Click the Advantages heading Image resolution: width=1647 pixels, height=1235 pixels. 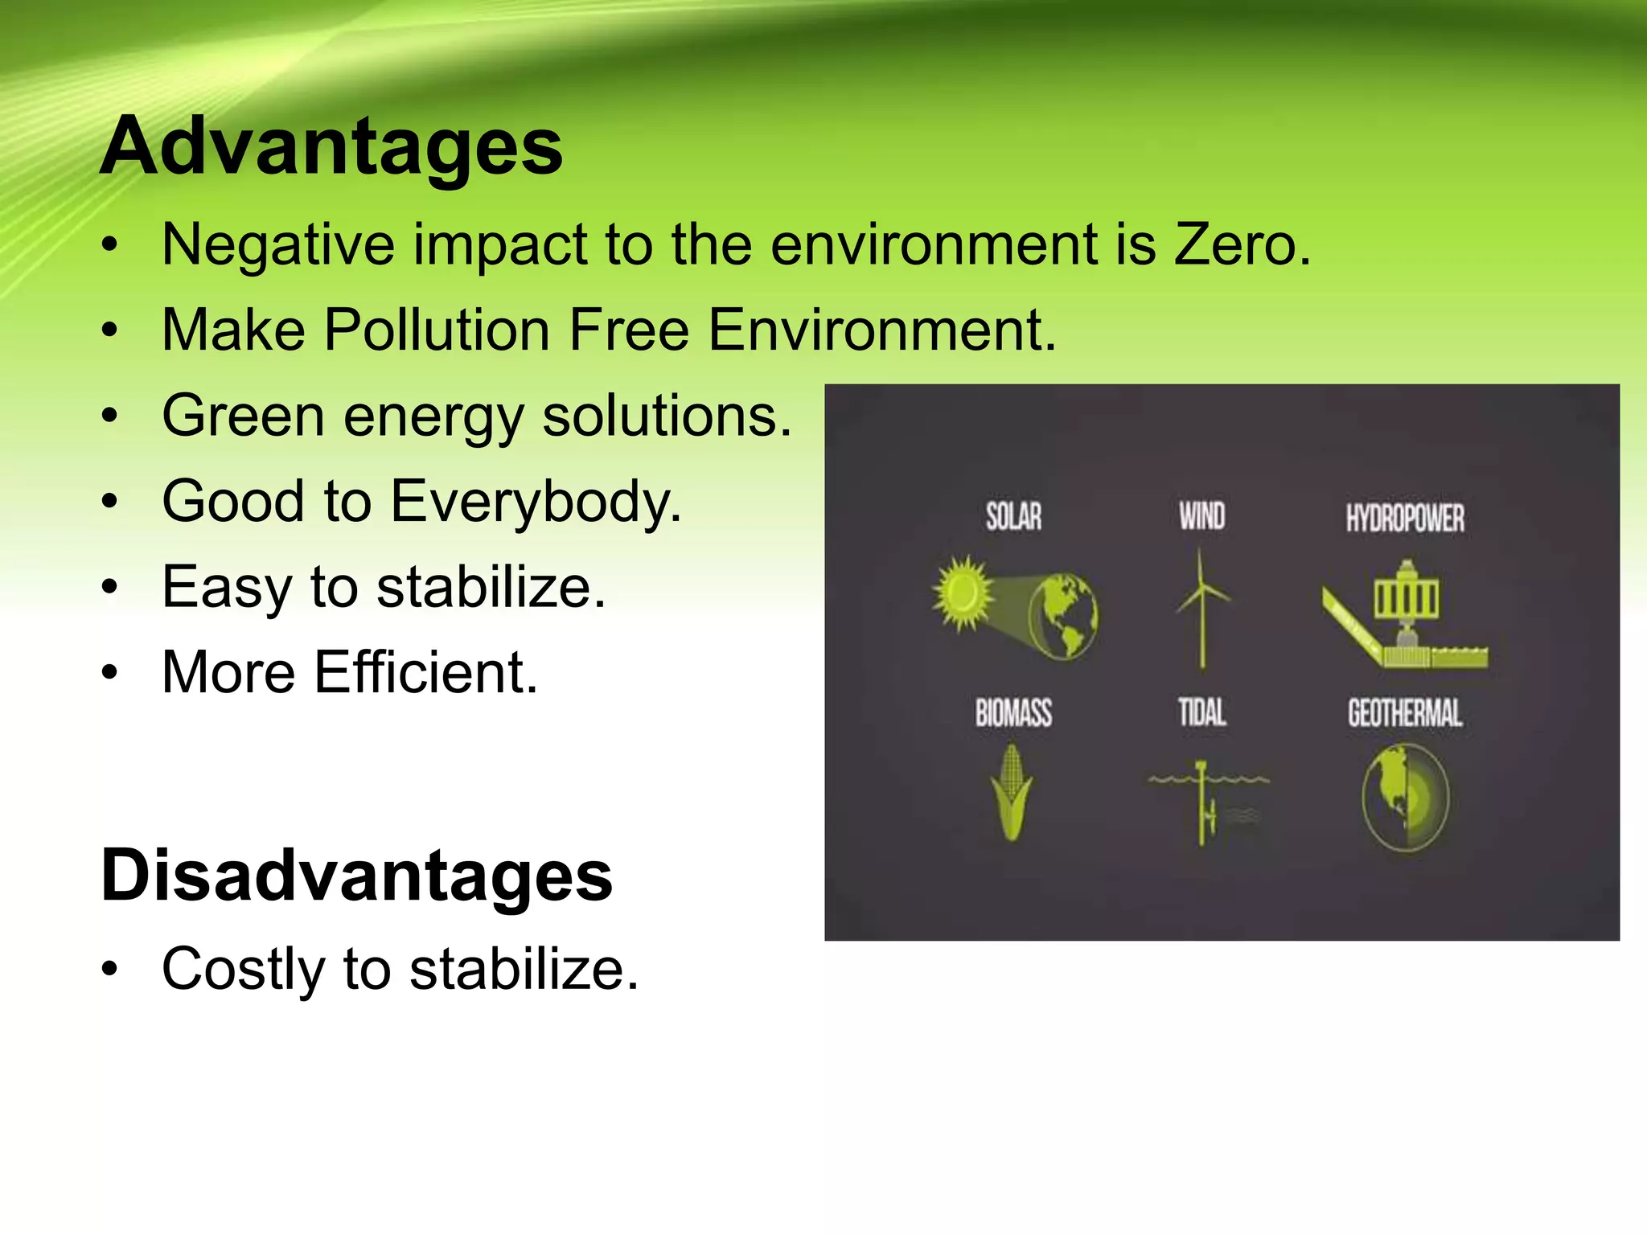(331, 146)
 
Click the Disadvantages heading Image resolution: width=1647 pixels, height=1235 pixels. (356, 875)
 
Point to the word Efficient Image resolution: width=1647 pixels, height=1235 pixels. (425, 672)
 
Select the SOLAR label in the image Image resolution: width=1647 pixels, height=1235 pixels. (1013, 516)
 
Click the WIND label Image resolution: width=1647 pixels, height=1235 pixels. (1201, 516)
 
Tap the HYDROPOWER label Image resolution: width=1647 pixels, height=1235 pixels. (1405, 519)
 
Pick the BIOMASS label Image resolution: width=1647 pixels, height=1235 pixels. (1013, 713)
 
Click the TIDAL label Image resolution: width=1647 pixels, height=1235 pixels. (1201, 713)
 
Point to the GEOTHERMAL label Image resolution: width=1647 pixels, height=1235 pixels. (1405, 713)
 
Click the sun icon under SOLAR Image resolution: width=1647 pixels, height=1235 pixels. (963, 593)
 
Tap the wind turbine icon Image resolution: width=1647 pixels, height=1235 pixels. (1201, 607)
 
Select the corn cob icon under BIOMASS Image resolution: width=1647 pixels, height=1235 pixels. (1012, 792)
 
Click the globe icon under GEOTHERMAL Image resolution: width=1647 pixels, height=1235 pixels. (1405, 796)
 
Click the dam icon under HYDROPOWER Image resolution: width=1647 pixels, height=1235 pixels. (1405, 615)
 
